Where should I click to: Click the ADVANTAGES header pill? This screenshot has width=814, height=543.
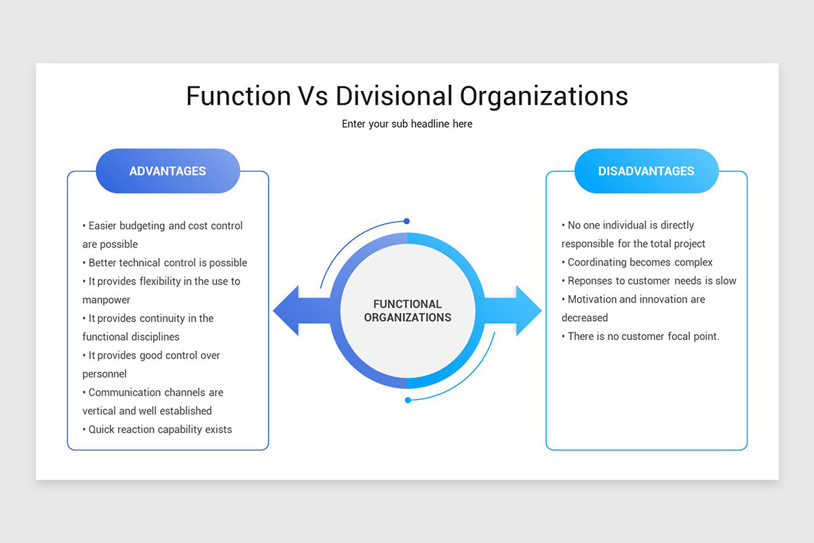coord(168,171)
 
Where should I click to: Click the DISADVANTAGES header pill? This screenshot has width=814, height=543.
coord(646,171)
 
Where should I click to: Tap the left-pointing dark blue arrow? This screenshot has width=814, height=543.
coord(298,311)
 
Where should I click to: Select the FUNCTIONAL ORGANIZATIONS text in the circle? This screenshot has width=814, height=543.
coord(407,311)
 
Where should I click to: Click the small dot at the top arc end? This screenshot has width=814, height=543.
coord(406,221)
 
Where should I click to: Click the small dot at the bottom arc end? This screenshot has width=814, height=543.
coord(408,400)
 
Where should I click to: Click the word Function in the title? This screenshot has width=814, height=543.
coord(238,96)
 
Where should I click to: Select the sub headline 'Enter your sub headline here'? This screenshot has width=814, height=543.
coord(407,124)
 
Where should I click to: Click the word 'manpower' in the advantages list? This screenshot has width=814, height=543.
coord(106,299)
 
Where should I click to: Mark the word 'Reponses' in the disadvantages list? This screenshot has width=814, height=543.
coord(589,280)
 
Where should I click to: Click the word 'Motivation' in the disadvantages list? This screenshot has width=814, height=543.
coord(593,299)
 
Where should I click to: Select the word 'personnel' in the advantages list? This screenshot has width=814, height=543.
coord(104,373)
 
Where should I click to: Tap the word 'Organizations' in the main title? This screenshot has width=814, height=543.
coord(544,96)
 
